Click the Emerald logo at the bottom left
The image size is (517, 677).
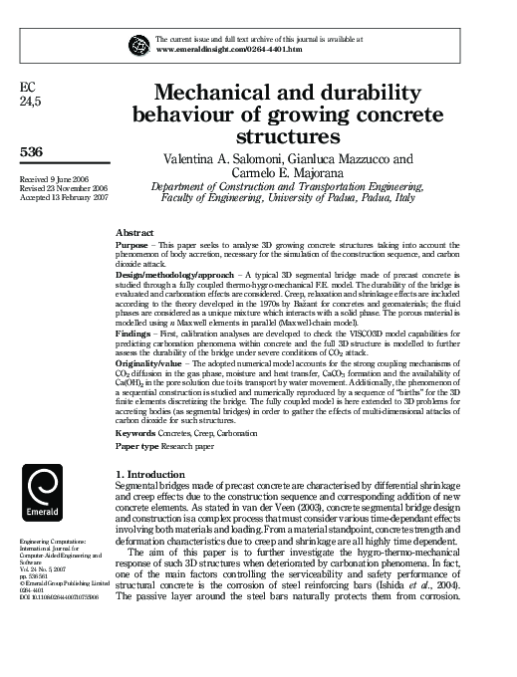[44, 494]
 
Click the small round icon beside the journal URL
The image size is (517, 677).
[138, 45]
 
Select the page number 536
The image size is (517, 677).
[32, 150]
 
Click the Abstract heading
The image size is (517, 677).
[134, 230]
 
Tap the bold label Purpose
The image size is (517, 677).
[133, 243]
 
